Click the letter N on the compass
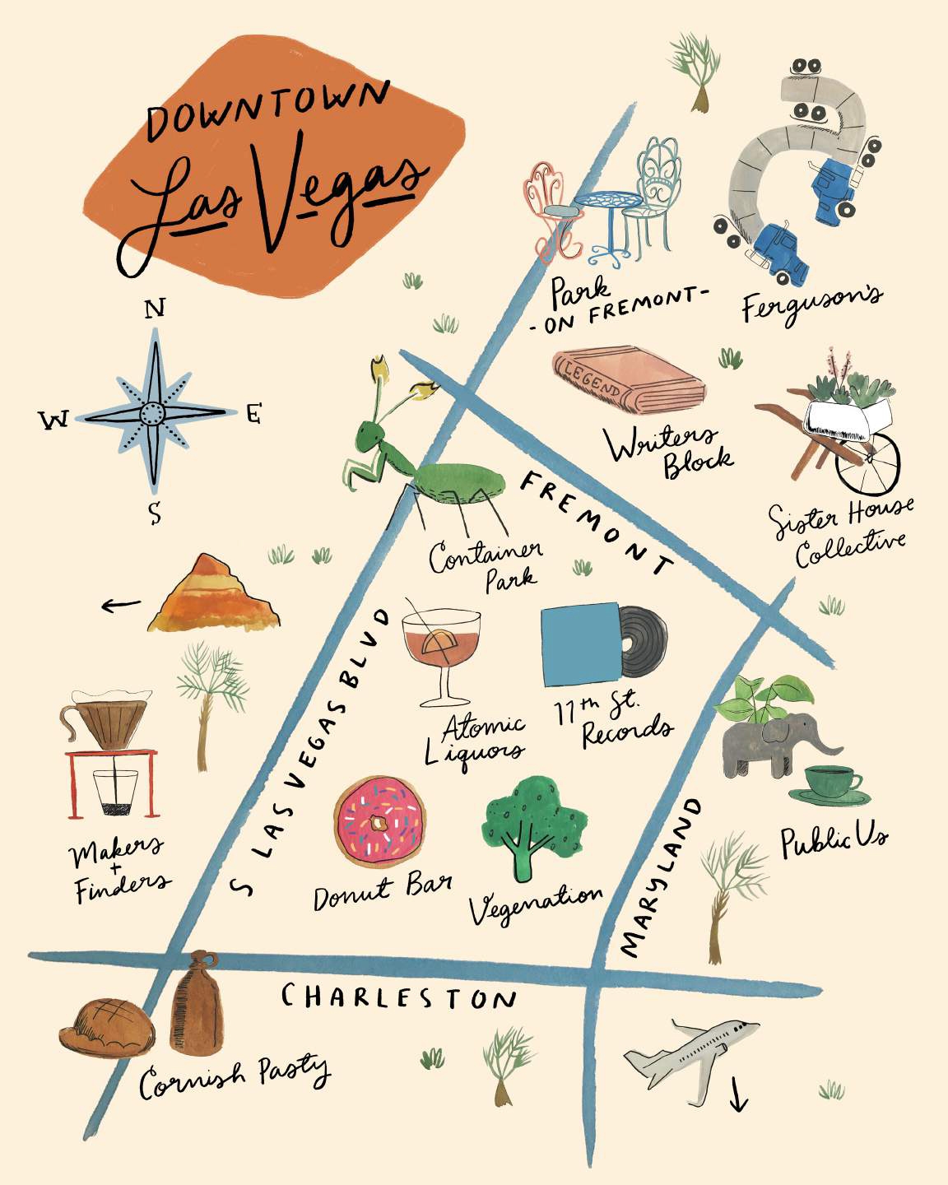coord(155,308)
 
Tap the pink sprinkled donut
coord(380,820)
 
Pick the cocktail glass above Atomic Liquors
coord(441,650)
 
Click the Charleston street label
coord(398,997)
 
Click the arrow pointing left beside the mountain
coord(121,606)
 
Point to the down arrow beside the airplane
coord(737,1094)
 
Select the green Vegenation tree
coord(533,823)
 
